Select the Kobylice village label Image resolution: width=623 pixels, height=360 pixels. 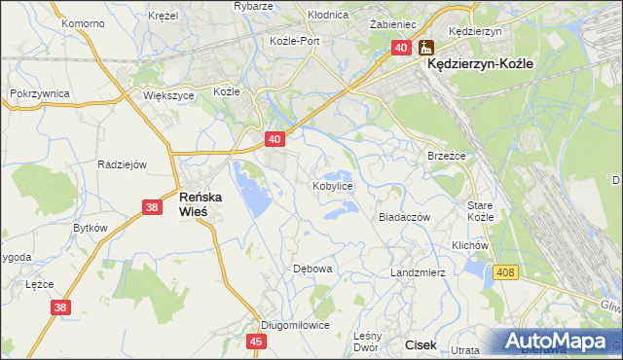pos(332,185)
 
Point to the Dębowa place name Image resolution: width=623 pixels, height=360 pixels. pos(313,269)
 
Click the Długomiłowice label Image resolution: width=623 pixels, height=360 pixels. pos(295,326)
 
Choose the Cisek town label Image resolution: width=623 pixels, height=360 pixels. pos(421,344)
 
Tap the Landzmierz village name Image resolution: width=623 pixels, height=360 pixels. pos(418,272)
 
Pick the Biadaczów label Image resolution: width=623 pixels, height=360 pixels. pos(404,218)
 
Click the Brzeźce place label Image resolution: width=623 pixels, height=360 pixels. pos(447,156)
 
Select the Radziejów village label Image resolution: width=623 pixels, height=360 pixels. pos(122,164)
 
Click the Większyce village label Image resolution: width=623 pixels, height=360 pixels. pos(168,96)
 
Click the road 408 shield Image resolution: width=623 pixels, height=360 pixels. pos(504,274)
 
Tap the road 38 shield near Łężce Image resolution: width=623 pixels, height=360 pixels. pos(60,307)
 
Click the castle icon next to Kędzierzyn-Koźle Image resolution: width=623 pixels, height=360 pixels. pos(426,46)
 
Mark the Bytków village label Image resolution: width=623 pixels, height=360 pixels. pos(91,227)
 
